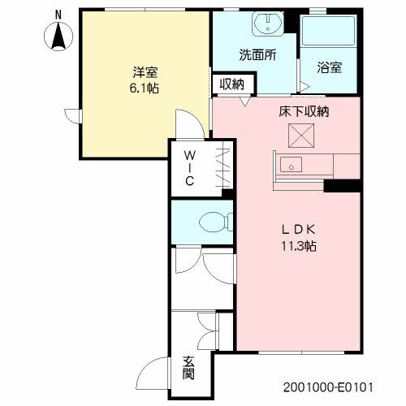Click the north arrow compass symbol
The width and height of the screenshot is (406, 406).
[58, 37]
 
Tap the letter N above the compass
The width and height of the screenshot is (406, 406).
[58, 15]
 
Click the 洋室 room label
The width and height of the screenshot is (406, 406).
[145, 72]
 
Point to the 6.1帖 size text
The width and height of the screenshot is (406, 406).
[144, 89]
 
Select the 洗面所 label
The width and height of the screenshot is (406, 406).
[257, 55]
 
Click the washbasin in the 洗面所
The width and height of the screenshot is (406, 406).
[268, 24]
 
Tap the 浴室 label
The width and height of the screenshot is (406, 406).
[330, 67]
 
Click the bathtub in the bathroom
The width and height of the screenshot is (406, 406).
[328, 31]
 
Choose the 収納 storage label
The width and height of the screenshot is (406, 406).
[232, 84]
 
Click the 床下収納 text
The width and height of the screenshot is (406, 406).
[304, 111]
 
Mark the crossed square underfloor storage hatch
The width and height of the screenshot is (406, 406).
[301, 136]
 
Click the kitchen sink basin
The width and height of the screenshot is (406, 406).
[291, 165]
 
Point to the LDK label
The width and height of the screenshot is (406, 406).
[299, 230]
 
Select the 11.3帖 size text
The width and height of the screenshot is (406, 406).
[299, 246]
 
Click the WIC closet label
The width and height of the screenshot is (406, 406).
[190, 168]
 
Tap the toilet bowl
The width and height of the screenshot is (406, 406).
[214, 222]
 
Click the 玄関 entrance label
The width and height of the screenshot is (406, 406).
[188, 368]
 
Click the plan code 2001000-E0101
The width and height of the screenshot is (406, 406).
[328, 387]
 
